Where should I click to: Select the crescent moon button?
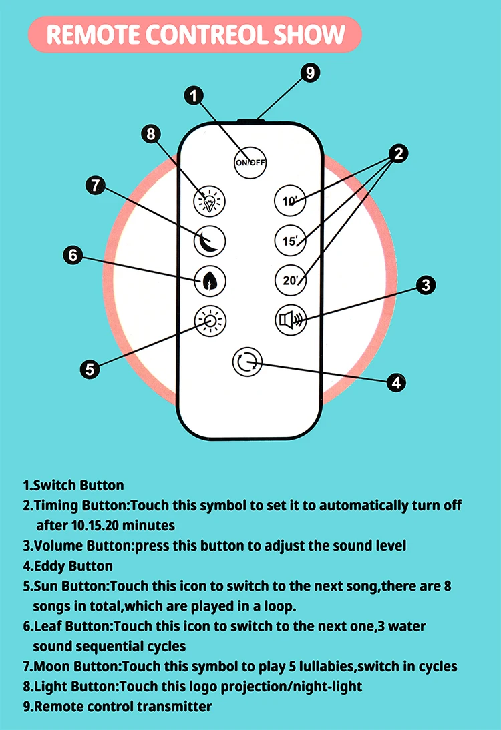210,240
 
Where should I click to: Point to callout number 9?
310,72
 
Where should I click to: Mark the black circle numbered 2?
398,154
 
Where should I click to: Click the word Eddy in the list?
47,566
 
